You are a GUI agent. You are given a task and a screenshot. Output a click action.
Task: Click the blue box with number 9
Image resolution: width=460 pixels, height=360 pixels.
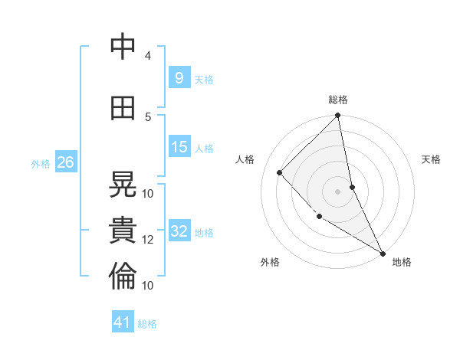coord(179,78)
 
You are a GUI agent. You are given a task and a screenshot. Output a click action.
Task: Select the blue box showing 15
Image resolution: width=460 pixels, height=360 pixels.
coord(179,146)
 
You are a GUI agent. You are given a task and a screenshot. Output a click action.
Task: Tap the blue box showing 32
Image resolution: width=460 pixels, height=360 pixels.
coord(179,231)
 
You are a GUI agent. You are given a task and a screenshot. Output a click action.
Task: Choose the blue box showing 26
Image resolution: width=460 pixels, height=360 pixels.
coord(65,162)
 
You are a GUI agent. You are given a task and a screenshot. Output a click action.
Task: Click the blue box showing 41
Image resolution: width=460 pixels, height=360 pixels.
coord(123,322)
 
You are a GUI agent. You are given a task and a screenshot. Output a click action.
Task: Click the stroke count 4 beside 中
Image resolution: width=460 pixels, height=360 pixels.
coord(148,55)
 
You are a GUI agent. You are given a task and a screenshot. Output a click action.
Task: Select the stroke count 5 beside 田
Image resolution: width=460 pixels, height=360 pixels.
coord(148,116)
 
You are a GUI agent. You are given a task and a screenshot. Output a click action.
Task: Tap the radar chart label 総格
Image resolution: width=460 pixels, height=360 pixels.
coord(338,100)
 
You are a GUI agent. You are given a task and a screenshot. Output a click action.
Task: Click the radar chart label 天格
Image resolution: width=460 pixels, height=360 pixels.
coord(431,159)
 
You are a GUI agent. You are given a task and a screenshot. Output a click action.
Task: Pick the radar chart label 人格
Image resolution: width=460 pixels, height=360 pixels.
coord(245,159)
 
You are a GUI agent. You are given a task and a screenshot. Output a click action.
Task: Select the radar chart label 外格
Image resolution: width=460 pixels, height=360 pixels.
coord(270,262)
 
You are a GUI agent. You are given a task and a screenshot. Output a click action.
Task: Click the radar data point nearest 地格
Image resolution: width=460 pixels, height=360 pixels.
coord(382,252)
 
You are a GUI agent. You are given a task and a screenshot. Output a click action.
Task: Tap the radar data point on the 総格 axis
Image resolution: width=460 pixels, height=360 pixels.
coord(338,116)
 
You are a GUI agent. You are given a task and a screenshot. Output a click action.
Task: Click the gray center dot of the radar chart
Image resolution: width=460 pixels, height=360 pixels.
coord(337,191)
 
